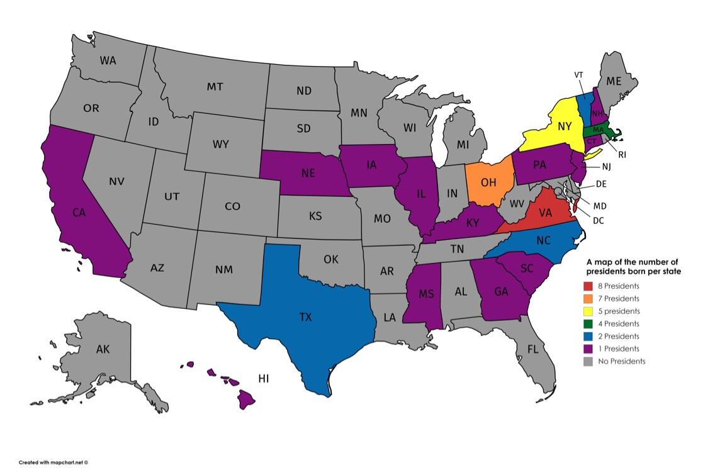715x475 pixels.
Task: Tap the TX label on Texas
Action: pos(305,317)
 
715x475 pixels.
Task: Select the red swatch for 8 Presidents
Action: pos(588,286)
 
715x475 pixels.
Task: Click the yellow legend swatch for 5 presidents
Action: pos(588,311)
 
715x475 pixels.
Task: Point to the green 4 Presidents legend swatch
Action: pos(588,324)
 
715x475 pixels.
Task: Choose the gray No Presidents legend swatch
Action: pos(588,361)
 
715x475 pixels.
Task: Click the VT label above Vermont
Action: pos(578,75)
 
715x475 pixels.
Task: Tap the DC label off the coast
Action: pos(598,220)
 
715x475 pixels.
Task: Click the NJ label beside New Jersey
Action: pos(605,167)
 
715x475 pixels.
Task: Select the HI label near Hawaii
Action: pos(264,378)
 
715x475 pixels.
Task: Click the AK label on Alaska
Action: pos(103,350)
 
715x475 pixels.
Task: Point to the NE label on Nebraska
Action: pos(308,174)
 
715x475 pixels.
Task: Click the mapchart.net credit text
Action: pos(53,462)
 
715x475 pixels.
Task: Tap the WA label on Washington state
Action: pos(108,61)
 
